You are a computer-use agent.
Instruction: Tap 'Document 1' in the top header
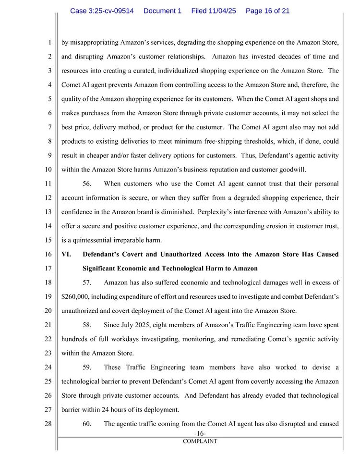click(x=162, y=11)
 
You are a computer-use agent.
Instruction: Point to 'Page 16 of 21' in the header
click(x=267, y=11)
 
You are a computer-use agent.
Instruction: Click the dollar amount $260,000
click(x=78, y=296)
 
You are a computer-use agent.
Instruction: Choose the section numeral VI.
click(x=66, y=254)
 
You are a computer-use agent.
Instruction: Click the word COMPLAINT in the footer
click(x=200, y=441)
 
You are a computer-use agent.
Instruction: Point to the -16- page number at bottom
click(x=200, y=434)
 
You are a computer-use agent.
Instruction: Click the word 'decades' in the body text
click(x=284, y=56)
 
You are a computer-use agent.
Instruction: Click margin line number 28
click(x=48, y=424)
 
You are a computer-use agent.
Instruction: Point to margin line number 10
click(x=48, y=170)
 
